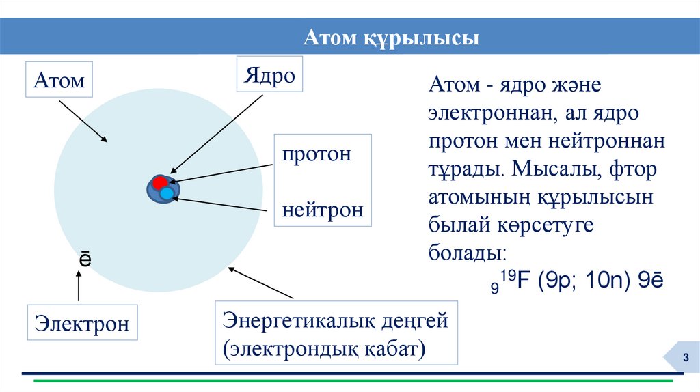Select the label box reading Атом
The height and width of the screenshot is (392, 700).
click(59, 81)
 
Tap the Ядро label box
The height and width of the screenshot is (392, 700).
click(269, 75)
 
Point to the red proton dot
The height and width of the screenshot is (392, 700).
click(159, 183)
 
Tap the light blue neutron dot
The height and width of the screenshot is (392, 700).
click(167, 194)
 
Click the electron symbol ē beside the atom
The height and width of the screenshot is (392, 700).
click(83, 260)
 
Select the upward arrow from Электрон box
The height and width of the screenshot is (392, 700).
click(79, 285)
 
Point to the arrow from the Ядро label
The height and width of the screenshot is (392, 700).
click(217, 132)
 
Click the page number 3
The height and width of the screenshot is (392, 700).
click(681, 360)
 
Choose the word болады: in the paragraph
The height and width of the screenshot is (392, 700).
click(468, 253)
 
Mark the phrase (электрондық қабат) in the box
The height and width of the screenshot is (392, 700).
click(323, 349)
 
